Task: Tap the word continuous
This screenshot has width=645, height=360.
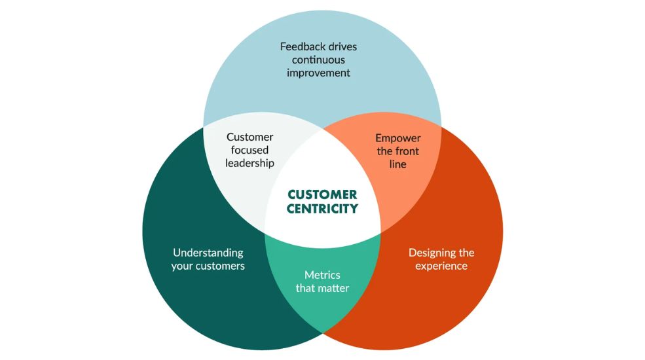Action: tap(318, 60)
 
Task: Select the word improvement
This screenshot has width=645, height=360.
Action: tap(318, 73)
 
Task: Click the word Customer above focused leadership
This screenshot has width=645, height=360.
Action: tap(249, 137)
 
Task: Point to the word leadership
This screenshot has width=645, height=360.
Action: tap(249, 163)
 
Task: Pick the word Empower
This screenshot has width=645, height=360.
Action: tap(397, 139)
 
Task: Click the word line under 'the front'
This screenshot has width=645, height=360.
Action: tap(397, 164)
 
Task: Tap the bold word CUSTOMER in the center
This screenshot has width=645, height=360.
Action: tap(322, 194)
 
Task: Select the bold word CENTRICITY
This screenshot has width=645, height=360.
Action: tap(322, 209)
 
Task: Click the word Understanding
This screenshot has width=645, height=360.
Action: tap(208, 253)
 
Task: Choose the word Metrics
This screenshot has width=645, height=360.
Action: tap(322, 275)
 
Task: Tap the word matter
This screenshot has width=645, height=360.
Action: tap(333, 288)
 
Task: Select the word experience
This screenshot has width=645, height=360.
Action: tap(441, 266)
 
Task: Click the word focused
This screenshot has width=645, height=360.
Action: tap(249, 150)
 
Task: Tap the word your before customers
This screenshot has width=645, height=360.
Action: tap(181, 266)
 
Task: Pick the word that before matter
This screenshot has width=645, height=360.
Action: tap(305, 288)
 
